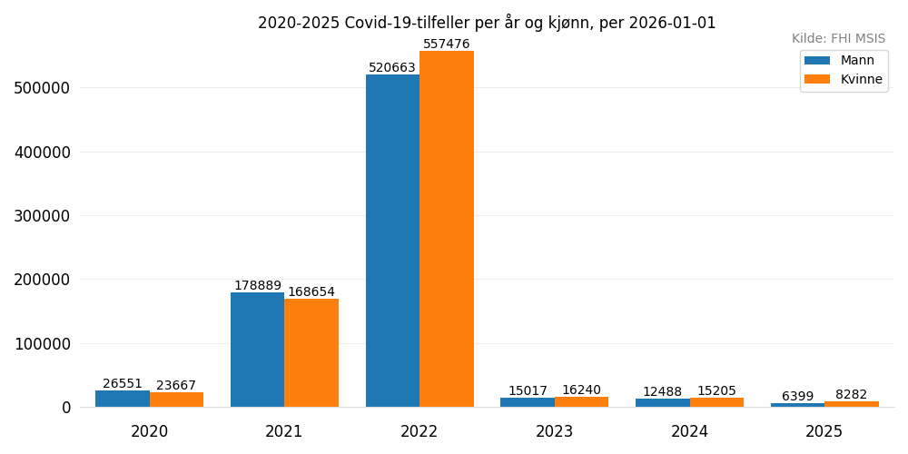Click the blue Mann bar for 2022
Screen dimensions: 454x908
tap(392, 241)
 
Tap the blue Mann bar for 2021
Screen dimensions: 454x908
tap(257, 350)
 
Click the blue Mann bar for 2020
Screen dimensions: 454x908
tap(123, 399)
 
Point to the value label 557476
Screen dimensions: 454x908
tap(447, 44)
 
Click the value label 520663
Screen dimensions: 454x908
tap(392, 68)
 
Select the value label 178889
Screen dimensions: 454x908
tap(257, 286)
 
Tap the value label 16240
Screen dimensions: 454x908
tap(581, 390)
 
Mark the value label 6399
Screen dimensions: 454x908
tap(797, 397)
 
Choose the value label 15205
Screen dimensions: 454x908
tap(716, 391)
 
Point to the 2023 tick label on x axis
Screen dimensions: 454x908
tap(554, 432)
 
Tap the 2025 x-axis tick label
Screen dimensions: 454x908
tap(824, 432)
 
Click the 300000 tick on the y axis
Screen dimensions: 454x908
tap(42, 216)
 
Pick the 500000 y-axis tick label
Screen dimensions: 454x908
tap(42, 88)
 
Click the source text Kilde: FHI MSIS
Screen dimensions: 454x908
tap(838, 39)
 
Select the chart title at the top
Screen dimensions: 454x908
tap(487, 23)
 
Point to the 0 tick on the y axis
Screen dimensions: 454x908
tap(66, 408)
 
